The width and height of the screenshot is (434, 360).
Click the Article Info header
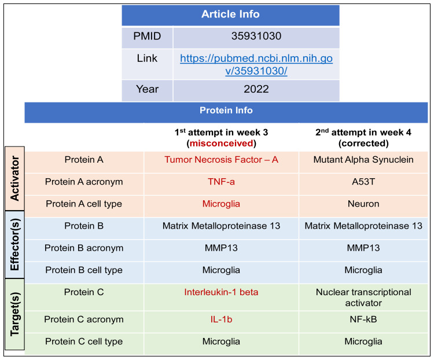tap(230, 14)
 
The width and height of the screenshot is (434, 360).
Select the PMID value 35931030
tap(256, 36)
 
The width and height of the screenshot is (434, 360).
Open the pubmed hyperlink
tap(256, 64)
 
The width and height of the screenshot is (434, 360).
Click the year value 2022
tap(256, 89)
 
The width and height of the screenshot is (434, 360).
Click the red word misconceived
tap(221, 143)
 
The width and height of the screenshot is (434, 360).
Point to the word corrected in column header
tap(363, 143)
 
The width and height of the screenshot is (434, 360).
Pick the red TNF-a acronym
tap(221, 182)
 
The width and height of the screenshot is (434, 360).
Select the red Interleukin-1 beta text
tap(221, 292)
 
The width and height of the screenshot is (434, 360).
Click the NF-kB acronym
tap(363, 319)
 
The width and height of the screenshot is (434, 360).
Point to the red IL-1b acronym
tap(221, 319)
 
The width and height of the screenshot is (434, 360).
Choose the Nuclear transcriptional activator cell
tap(363, 297)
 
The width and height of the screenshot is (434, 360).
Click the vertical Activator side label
tap(14, 178)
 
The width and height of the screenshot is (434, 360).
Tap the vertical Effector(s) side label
tap(14, 244)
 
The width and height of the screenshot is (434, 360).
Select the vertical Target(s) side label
tap(14, 314)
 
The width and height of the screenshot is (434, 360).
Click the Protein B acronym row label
tap(84, 248)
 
